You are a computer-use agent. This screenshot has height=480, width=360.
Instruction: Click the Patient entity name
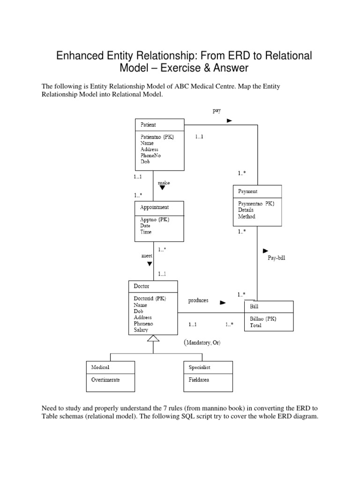click(149, 125)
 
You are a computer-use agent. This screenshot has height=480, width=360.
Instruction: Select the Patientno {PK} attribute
click(157, 137)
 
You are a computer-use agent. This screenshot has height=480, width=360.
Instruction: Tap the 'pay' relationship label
click(216, 111)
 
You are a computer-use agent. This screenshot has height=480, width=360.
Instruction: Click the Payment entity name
click(247, 191)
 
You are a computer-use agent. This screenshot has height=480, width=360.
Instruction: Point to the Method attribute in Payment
click(246, 217)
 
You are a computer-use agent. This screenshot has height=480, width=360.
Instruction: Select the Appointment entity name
click(154, 207)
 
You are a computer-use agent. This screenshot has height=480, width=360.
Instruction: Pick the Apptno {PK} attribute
click(154, 219)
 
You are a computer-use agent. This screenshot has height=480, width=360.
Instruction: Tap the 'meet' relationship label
click(147, 256)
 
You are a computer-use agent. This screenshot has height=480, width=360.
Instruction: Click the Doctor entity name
click(142, 286)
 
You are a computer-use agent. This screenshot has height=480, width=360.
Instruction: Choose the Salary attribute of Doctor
click(141, 330)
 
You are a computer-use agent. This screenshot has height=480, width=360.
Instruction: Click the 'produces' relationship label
click(198, 300)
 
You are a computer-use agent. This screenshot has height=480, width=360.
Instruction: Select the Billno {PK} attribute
click(263, 318)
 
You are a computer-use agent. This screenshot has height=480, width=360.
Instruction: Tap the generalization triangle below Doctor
click(153, 337)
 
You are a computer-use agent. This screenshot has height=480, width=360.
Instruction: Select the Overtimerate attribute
click(105, 380)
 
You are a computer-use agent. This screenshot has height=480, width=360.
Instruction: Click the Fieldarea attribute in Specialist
click(199, 380)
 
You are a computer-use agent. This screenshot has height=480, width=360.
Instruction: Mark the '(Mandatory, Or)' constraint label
click(202, 343)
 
